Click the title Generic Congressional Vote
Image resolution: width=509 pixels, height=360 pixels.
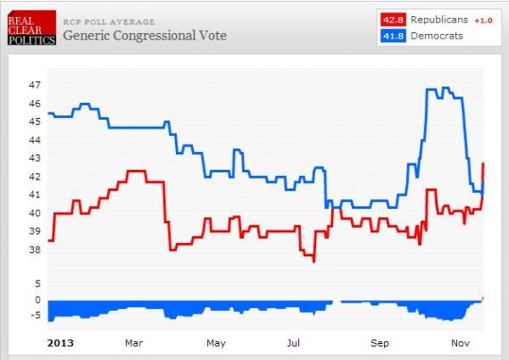tap(145, 36)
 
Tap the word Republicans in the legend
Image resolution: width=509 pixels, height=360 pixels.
tap(439, 20)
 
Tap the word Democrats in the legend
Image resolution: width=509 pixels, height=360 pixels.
tap(435, 36)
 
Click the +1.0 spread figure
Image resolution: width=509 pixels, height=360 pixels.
tap(483, 20)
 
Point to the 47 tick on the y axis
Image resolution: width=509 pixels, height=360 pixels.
tap(35, 86)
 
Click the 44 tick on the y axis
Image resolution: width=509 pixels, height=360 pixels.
tap(35, 140)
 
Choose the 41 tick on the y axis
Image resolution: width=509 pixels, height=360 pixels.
tap(35, 195)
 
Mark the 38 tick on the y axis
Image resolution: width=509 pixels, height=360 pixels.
tap(35, 249)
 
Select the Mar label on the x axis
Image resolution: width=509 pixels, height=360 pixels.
tap(134, 342)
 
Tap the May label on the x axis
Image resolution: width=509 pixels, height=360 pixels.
tap(215, 342)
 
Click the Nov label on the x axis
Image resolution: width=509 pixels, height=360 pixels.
tap(461, 342)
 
